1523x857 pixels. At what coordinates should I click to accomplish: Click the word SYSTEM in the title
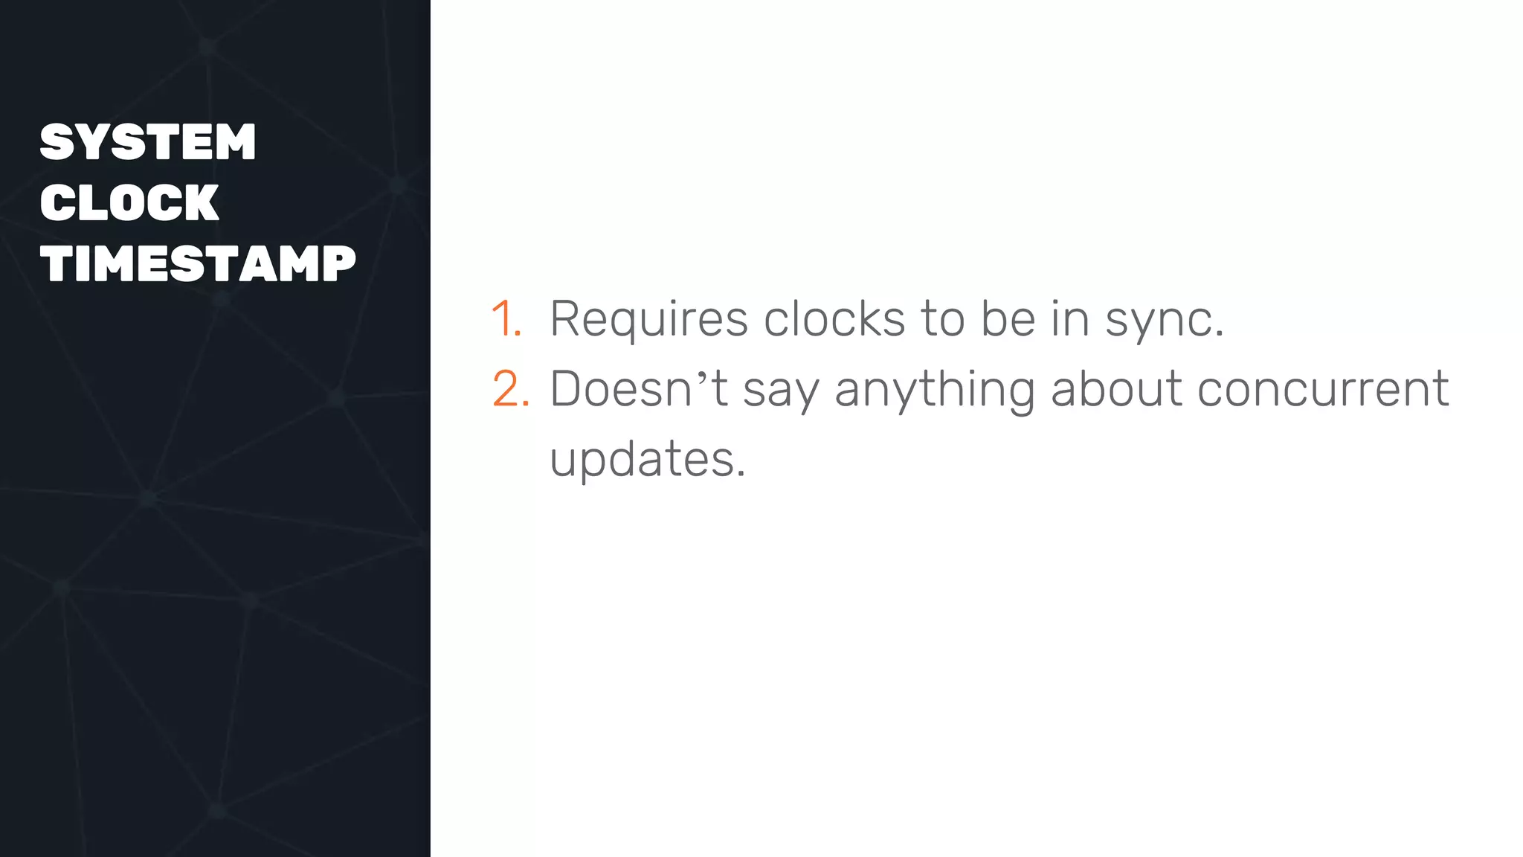pos(148,142)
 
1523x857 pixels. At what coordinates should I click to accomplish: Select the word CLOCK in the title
pos(129,202)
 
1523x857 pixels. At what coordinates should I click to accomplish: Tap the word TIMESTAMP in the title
pos(198,263)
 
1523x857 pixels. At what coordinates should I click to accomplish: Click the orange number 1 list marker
pos(505,319)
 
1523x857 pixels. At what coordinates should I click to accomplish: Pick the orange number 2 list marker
pos(510,388)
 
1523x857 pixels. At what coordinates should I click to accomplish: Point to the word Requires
pos(648,319)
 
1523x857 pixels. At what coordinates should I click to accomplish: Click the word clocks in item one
pos(834,319)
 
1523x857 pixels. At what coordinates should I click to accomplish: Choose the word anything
pos(935,390)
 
